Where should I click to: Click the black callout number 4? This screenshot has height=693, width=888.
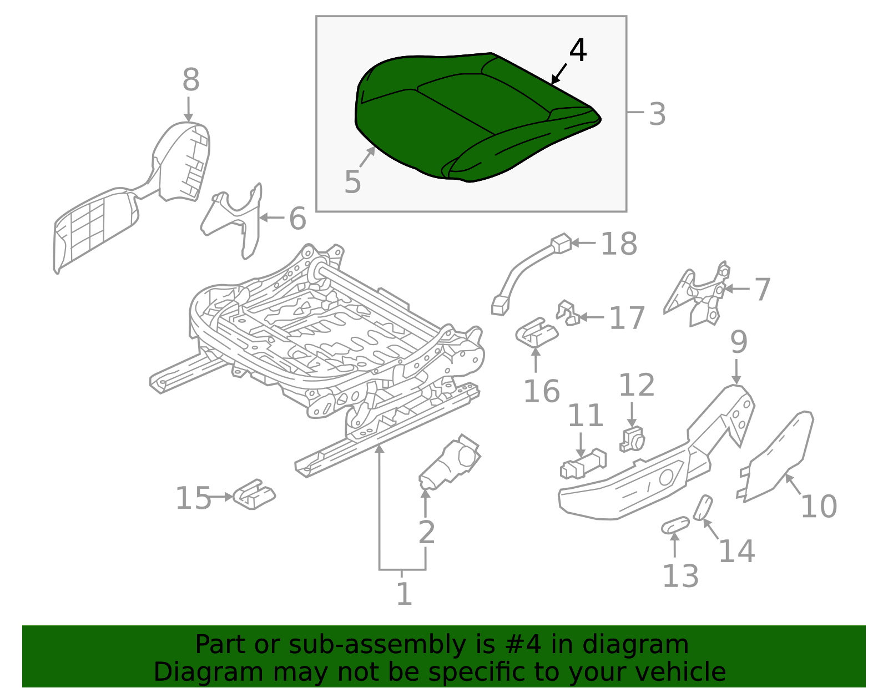(x=578, y=50)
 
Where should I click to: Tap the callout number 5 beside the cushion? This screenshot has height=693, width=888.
(x=352, y=182)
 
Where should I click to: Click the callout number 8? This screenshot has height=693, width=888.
(x=190, y=80)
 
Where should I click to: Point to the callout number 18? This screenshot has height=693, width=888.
(x=619, y=244)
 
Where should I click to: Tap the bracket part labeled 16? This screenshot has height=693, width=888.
(x=536, y=333)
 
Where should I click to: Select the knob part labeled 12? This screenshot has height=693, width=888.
(x=632, y=441)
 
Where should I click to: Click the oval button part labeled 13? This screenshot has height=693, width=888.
(x=675, y=525)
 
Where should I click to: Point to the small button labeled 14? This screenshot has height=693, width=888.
(x=703, y=507)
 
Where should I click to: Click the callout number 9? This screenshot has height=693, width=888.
(x=738, y=343)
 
